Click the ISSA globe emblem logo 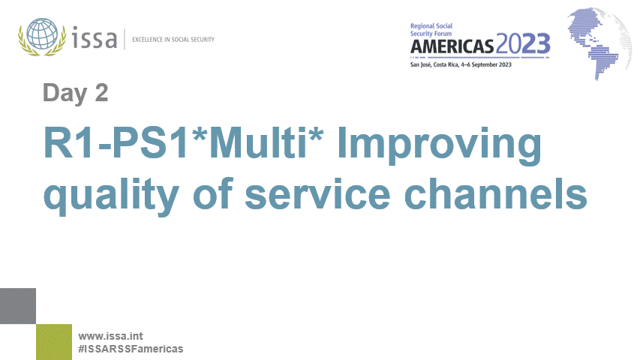point(44,37)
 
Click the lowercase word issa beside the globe point(94,37)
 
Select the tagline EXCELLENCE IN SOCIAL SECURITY point(173,39)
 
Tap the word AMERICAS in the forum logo point(452,46)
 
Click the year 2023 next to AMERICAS point(523,45)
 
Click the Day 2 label point(75,92)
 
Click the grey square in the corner point(17,306)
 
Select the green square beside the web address point(54,342)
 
